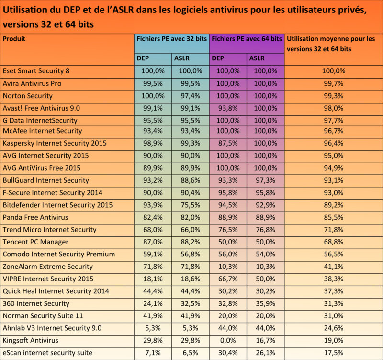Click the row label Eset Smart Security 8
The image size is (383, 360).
[36, 71]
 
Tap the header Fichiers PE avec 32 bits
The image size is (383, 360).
[171, 39]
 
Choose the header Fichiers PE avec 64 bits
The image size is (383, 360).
[247, 39]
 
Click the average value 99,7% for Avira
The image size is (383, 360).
[333, 83]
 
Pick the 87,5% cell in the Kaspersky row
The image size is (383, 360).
[228, 143]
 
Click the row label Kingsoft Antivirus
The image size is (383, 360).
[31, 340]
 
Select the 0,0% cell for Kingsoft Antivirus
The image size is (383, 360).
[228, 340]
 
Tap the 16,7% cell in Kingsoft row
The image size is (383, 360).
[265, 340]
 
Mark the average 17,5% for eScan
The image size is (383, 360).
[333, 353]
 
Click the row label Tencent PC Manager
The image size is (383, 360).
[35, 242]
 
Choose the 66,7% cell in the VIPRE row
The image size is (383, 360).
[228, 279]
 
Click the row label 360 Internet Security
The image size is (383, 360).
[36, 303]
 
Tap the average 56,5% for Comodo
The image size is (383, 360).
[333, 254]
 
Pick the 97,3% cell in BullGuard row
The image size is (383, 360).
[265, 180]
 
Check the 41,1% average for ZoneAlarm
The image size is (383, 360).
[333, 267]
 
